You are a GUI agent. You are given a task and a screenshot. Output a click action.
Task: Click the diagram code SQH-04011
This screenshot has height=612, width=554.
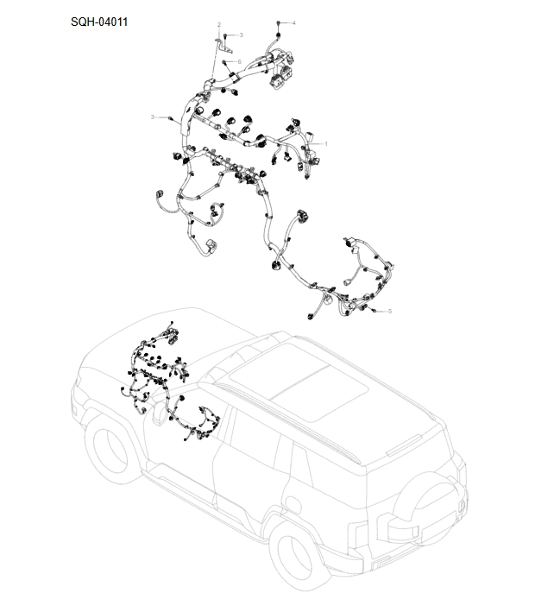[x=99, y=22]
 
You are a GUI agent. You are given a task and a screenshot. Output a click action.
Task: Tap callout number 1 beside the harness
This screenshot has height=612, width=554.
[x=326, y=142]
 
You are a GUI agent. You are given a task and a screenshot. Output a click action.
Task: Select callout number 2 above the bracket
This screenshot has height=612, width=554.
[x=218, y=24]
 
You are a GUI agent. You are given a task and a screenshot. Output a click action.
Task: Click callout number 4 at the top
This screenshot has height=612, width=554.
[x=293, y=22]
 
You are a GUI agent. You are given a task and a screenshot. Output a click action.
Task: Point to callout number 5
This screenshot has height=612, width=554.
[x=389, y=311]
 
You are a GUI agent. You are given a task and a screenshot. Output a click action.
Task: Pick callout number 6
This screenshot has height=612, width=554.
[x=239, y=62]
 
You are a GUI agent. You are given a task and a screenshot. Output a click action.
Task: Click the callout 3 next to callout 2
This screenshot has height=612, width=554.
[x=241, y=35]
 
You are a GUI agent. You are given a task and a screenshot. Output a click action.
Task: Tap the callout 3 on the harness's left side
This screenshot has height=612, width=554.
[x=153, y=117]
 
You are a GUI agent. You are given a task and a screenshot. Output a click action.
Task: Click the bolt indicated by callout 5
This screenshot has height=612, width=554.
[x=373, y=309]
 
